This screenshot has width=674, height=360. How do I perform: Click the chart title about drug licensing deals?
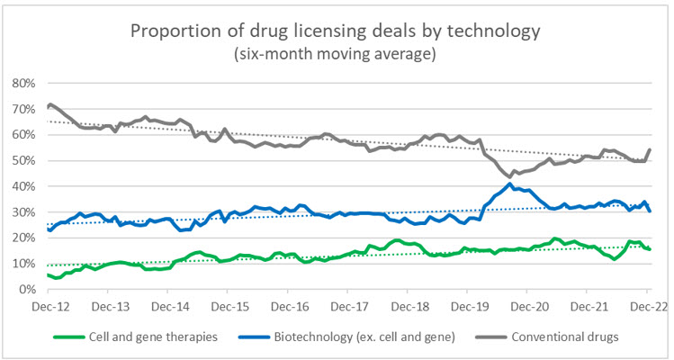[x=337, y=31]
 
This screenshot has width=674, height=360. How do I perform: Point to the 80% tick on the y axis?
[x=23, y=83]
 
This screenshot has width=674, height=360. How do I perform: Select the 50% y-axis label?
[x=23, y=161]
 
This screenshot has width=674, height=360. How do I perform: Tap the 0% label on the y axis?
[x=27, y=291]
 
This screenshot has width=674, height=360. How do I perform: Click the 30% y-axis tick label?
[x=23, y=213]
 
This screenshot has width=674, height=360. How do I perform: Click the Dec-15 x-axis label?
[x=227, y=306]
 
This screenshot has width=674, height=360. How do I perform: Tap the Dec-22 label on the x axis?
[x=647, y=306]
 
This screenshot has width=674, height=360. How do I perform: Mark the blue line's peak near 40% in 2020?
[x=511, y=184]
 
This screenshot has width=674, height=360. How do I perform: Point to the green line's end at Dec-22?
[x=650, y=249]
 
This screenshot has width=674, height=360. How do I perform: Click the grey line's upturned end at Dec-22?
[x=650, y=149]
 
